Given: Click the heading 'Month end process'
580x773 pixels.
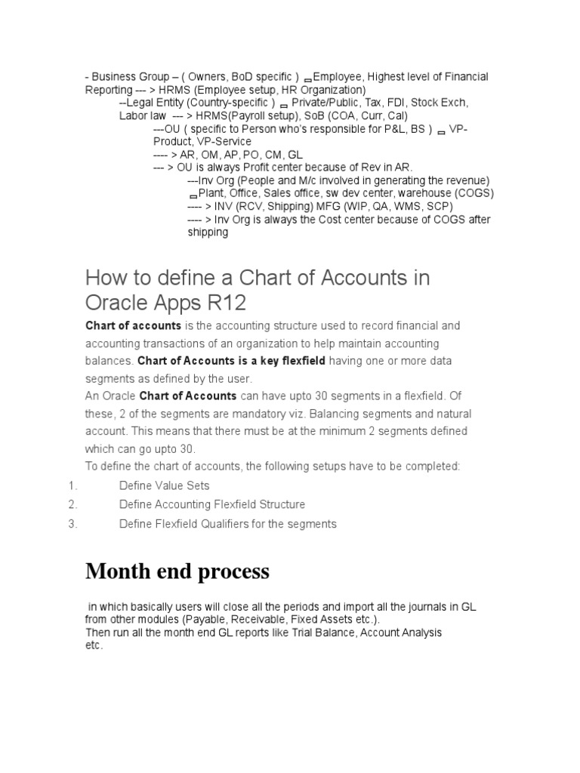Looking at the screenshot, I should [177, 571].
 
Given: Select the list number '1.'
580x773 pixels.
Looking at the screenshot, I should [73, 485].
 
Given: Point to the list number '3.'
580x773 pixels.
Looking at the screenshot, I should [73, 524].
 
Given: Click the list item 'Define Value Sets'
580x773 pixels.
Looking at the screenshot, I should [164, 485].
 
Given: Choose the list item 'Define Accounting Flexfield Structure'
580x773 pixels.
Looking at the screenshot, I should [212, 504].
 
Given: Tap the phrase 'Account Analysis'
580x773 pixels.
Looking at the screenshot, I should [401, 632].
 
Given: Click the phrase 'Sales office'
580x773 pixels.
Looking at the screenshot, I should [283, 193].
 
